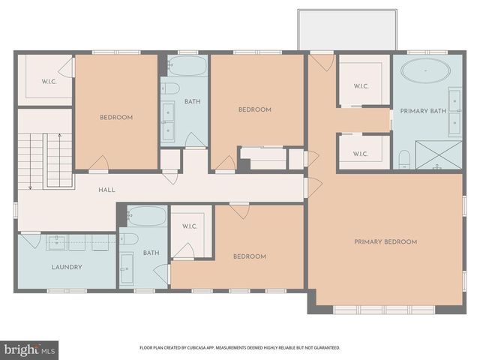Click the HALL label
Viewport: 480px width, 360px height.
[x=106, y=190]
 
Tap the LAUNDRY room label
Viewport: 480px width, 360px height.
[x=67, y=267]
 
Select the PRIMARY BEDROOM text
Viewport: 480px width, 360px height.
[x=385, y=241]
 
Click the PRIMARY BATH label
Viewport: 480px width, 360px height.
[x=424, y=111]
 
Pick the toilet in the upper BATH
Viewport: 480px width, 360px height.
[x=171, y=88]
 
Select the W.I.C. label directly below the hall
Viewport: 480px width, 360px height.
[x=189, y=226]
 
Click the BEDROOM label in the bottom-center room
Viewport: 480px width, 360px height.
[x=250, y=256]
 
